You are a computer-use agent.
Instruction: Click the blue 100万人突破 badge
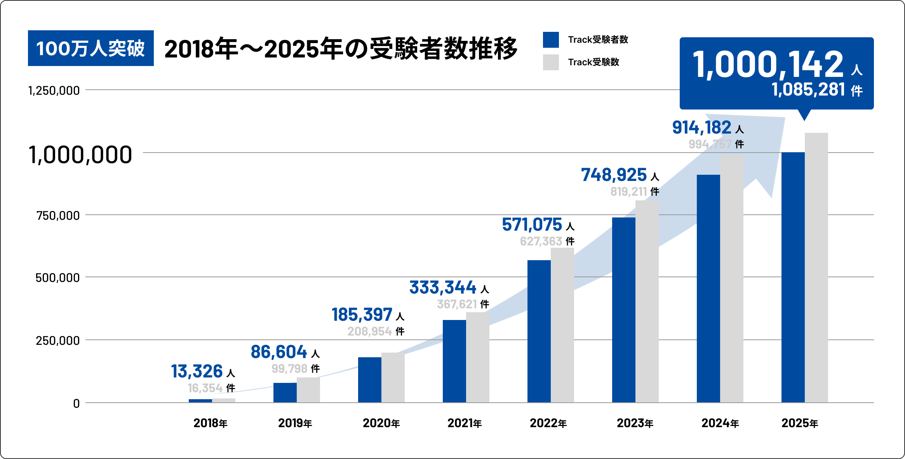(x=90, y=48)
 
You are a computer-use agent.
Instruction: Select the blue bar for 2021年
(x=454, y=361)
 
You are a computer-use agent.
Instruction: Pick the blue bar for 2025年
(x=793, y=277)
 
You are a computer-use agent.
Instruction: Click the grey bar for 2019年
(x=308, y=390)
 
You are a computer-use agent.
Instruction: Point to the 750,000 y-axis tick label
(x=58, y=216)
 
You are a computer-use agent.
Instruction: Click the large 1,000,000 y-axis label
(x=80, y=155)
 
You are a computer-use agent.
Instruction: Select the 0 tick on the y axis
(x=77, y=403)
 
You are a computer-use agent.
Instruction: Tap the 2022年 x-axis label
(x=548, y=423)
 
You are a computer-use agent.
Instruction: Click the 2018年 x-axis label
(x=210, y=423)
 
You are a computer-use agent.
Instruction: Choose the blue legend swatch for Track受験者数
(x=551, y=40)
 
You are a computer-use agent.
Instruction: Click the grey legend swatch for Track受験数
(x=551, y=62)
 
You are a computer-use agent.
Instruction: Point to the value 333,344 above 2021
(x=443, y=287)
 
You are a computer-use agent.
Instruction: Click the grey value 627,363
(x=541, y=241)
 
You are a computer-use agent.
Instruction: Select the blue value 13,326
(x=197, y=371)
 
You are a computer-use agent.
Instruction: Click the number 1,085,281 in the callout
(x=808, y=90)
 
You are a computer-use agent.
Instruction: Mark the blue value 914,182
(x=701, y=127)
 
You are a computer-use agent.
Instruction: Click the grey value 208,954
(x=369, y=331)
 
